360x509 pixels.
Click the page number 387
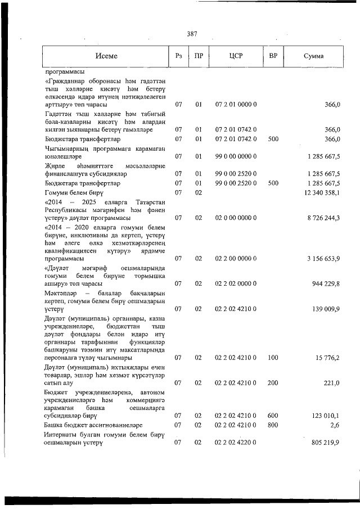click(x=192, y=34)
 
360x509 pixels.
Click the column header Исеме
click(x=106, y=56)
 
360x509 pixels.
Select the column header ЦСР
click(x=236, y=56)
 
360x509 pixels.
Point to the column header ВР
click(x=273, y=56)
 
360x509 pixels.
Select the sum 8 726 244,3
click(x=323, y=217)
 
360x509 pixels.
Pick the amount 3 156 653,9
click(x=323, y=258)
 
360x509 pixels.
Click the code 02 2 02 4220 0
click(x=236, y=443)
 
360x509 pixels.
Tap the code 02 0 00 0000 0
click(x=236, y=217)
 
